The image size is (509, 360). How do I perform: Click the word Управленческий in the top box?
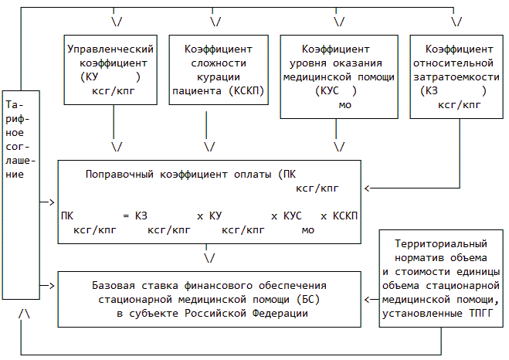[x=114, y=49]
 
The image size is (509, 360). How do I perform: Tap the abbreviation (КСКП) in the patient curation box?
[x=246, y=91]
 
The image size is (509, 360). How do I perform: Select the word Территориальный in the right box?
[x=441, y=243]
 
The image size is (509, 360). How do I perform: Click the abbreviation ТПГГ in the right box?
[x=484, y=314]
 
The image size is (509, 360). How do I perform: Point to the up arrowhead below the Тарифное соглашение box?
[x=25, y=314]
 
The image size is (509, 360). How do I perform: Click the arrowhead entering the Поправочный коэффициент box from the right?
[x=367, y=188]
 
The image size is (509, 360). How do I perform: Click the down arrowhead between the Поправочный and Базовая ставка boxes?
[x=209, y=257]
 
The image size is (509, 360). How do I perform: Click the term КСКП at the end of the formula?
[x=344, y=216]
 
